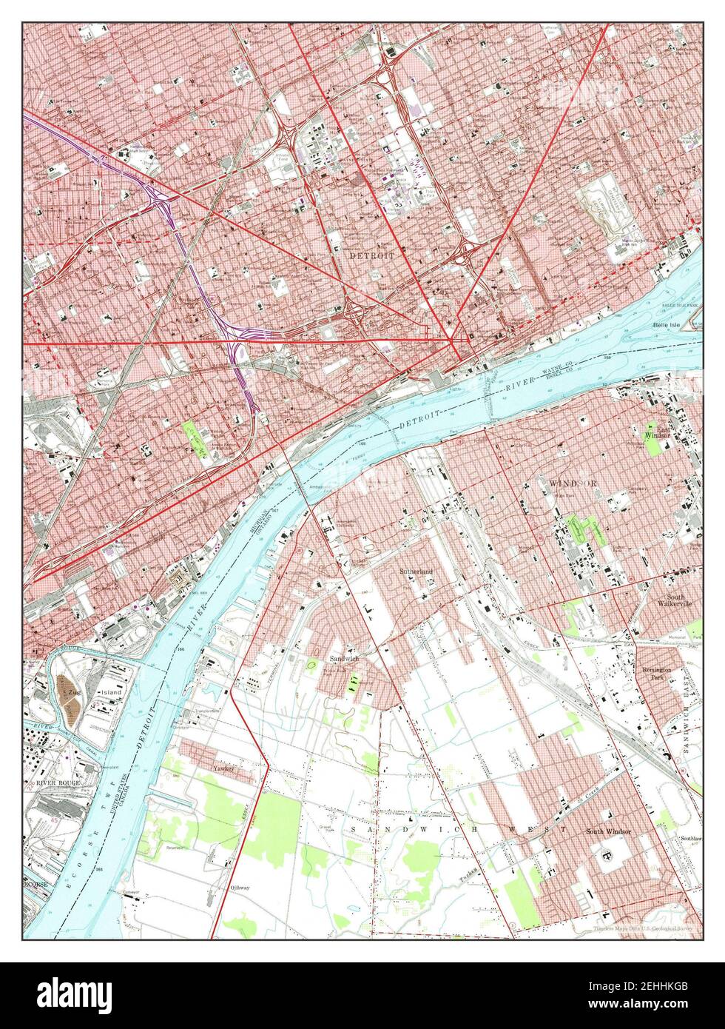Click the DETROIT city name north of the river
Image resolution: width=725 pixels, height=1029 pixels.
[371, 254]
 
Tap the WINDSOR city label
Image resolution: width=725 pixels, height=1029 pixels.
[573, 483]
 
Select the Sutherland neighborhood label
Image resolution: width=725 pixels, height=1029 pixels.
[416, 572]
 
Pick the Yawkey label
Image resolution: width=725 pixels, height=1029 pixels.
[223, 769]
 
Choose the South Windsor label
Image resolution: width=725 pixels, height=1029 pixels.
[608, 831]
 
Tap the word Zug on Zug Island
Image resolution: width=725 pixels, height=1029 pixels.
[73, 691]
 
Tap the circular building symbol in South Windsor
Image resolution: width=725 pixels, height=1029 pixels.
[608, 857]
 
